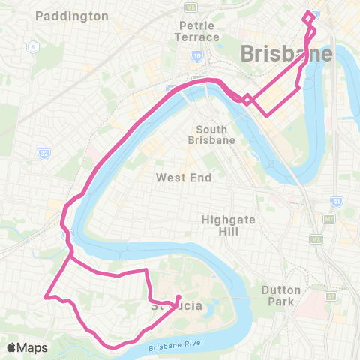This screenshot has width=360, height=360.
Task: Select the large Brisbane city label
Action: pos(286,54)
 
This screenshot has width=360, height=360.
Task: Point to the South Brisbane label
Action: pos(211,135)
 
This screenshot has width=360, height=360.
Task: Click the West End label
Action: pos(184,178)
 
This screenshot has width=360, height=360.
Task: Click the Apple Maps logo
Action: pos(27,347)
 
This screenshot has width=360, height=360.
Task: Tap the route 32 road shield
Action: pos(43,153)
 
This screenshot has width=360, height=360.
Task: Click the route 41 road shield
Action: pos(332,202)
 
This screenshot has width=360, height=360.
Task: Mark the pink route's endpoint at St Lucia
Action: pos(178,298)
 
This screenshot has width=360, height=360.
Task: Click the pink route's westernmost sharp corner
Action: pos(46,296)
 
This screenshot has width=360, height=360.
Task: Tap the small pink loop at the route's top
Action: pos(309,16)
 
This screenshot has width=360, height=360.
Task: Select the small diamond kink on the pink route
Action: pos(245,97)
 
